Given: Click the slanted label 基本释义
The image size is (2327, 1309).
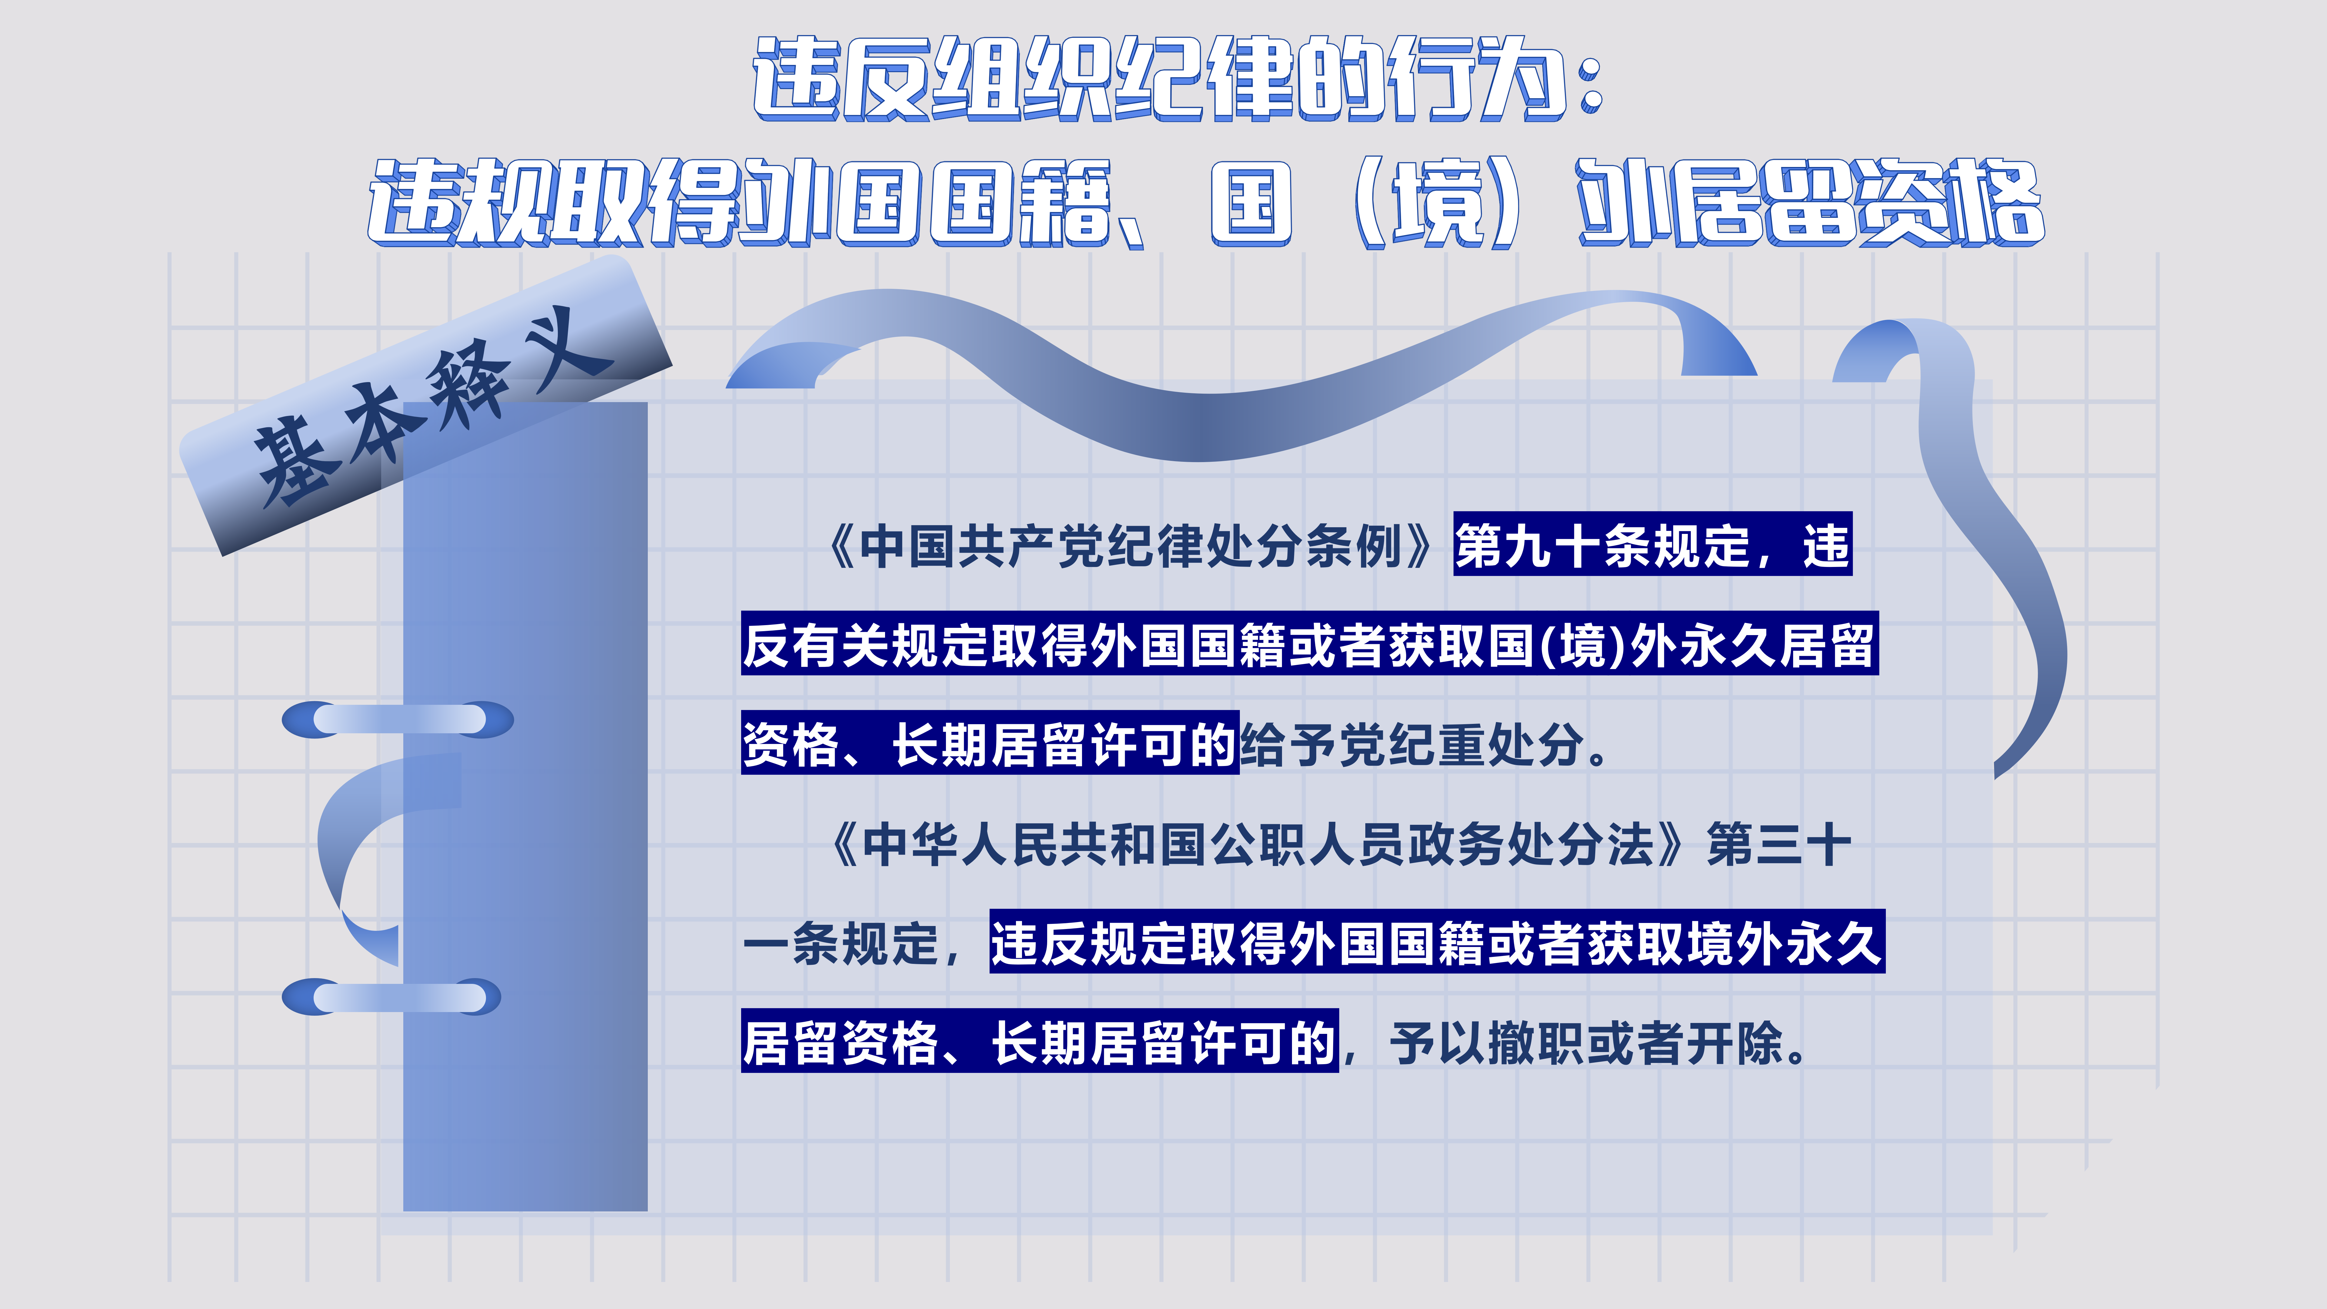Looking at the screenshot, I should [x=424, y=407].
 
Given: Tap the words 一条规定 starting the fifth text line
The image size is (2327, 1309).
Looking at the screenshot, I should [x=840, y=944].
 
